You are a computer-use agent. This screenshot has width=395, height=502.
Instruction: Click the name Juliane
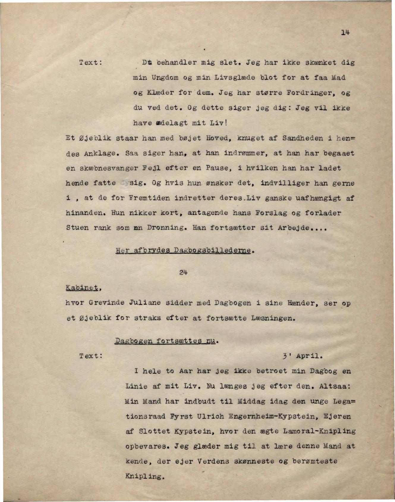click(x=145, y=303)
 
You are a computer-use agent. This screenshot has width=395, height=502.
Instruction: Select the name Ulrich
click(x=210, y=416)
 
